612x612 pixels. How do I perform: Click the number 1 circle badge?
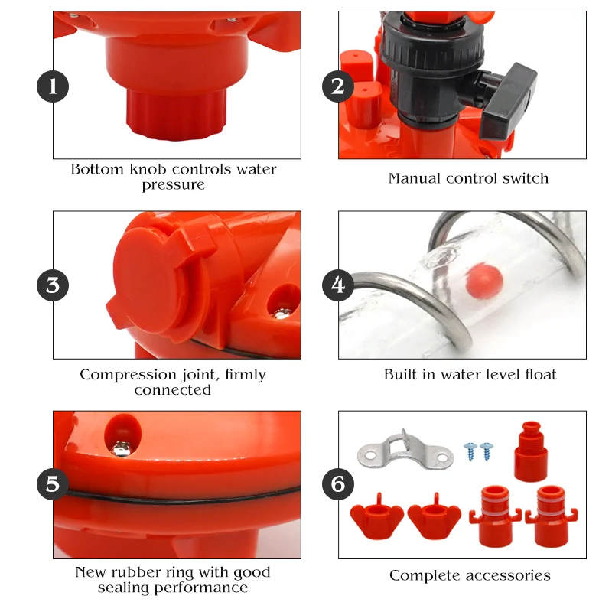coord(53,86)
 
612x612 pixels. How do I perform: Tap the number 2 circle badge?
coord(338,86)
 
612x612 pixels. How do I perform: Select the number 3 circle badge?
coord(53,285)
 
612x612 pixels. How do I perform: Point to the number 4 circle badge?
coord(338,285)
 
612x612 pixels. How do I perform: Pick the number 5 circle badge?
coord(53,484)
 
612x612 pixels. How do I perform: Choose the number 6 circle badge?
coord(338,484)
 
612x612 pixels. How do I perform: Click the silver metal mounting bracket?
coord(405,450)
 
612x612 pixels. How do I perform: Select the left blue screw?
coord(470,451)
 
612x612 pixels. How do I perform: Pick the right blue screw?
coord(487,451)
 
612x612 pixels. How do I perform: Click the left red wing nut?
coord(376,517)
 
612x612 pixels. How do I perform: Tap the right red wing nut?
coord(435,517)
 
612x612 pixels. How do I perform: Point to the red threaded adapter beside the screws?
coord(530,451)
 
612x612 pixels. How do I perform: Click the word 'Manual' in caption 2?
coord(414,178)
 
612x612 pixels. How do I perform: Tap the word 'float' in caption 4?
coord(541,375)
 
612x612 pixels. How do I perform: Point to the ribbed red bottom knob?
coord(176,112)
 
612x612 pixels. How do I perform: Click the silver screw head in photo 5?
coord(122,448)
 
